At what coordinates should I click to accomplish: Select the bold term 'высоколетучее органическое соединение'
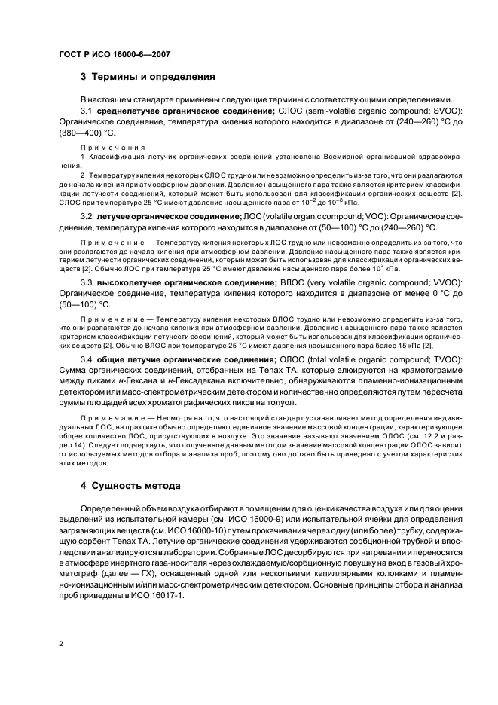[x=185, y=281]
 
